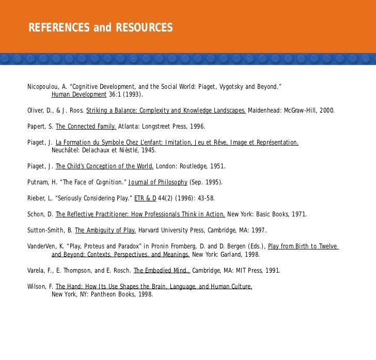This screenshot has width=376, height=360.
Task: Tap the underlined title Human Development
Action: point(79,95)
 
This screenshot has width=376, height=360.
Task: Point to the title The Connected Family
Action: point(86,127)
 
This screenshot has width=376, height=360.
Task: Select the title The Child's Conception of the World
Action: point(104,167)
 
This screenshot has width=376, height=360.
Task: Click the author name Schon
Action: point(36,214)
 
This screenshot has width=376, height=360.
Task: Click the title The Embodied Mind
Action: point(162,270)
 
